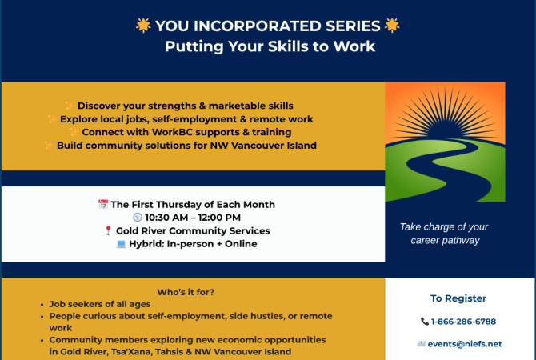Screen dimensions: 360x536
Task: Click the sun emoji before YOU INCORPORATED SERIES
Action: tap(143, 26)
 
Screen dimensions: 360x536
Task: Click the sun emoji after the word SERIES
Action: tap(392, 26)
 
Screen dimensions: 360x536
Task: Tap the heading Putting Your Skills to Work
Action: tap(270, 46)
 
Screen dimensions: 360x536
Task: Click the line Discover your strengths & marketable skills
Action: tap(185, 106)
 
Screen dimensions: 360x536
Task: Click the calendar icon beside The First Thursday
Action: tap(102, 205)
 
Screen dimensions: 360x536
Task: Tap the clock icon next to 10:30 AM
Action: tap(137, 218)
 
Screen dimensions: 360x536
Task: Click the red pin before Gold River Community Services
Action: tap(108, 231)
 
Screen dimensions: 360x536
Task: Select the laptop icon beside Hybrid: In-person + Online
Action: tap(121, 244)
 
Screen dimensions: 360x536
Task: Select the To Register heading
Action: tap(458, 298)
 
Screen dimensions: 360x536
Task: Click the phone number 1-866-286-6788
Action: tap(463, 322)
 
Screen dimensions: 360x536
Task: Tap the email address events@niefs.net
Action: tap(465, 344)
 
